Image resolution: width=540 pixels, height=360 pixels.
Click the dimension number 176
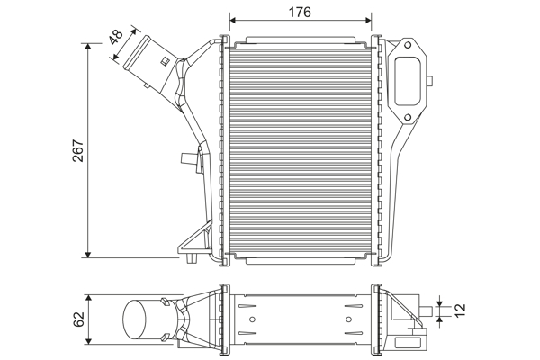point(300,12)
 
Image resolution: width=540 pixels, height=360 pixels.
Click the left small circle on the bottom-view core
point(252,318)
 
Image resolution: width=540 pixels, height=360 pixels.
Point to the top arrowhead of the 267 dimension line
point(88,46)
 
